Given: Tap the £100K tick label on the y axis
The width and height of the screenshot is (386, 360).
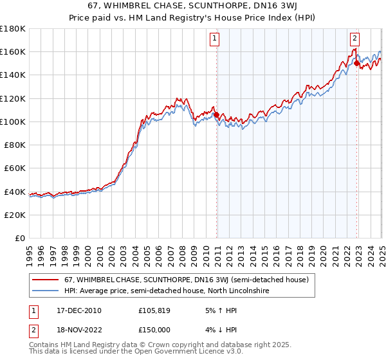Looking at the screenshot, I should point(13,122).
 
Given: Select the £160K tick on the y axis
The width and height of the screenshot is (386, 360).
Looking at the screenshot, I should point(13,51).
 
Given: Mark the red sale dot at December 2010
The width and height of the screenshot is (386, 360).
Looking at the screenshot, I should point(217,115).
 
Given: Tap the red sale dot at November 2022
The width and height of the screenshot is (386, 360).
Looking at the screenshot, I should point(356,64).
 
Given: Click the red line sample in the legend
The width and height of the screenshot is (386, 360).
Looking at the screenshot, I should point(46,280).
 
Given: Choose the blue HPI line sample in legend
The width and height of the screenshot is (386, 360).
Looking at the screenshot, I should point(46,291).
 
